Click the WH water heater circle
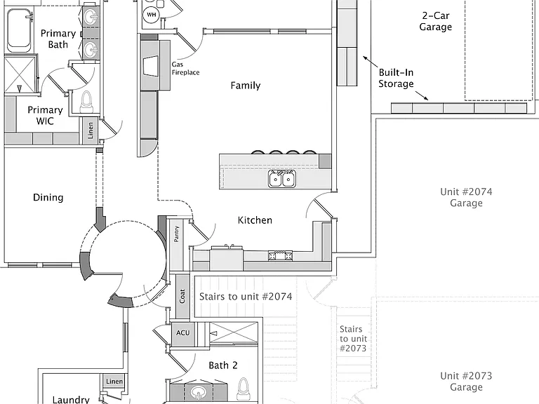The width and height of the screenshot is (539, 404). pos(152,15)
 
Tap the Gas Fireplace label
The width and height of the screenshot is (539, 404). pos(185,68)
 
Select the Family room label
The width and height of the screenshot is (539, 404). pos(246,85)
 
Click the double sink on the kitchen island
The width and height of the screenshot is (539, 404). pos(282,179)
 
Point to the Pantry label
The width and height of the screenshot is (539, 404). pos(176,234)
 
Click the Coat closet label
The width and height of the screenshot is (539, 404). pos(182,296)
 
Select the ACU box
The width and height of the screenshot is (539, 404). pos(183,333)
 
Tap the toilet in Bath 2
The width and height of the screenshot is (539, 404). pos(244,389)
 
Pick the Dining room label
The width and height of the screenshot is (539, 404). pos(48,198)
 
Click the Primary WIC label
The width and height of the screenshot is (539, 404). pos(45,116)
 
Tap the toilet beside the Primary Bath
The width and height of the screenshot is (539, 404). pos(86,102)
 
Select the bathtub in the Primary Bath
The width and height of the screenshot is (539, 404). pos(20,30)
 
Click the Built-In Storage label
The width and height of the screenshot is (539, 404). pos(396,78)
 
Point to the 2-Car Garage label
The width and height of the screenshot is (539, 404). pos(436,21)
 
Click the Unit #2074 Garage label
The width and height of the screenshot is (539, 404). pos(466,198)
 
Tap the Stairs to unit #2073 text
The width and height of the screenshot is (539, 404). pos(354,339)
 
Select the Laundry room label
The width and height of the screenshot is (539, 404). pos(71,400)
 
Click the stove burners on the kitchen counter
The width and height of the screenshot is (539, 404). pos(281,255)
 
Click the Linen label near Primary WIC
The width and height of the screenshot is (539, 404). pos(91,130)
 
